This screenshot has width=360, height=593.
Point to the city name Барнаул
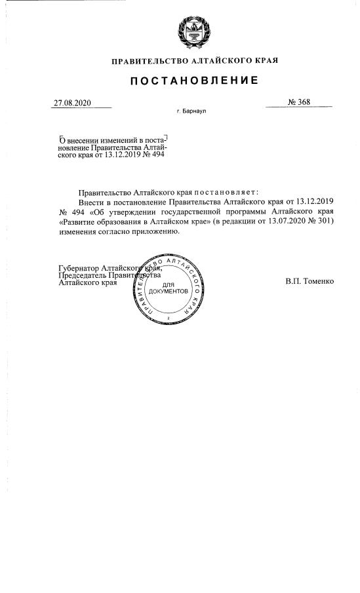pos(191,112)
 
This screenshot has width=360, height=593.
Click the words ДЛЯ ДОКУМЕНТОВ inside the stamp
pos(169,286)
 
